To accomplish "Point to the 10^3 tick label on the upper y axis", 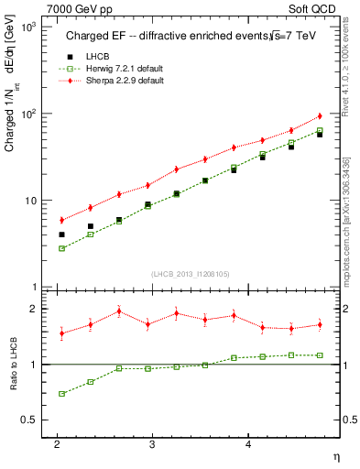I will (29, 27).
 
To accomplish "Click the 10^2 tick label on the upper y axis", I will (29, 114).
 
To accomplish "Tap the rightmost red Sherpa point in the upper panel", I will (320, 115).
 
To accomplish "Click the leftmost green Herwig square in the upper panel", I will (61, 248).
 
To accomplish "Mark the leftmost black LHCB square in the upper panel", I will (61, 234).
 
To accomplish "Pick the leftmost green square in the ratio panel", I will (61, 394).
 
